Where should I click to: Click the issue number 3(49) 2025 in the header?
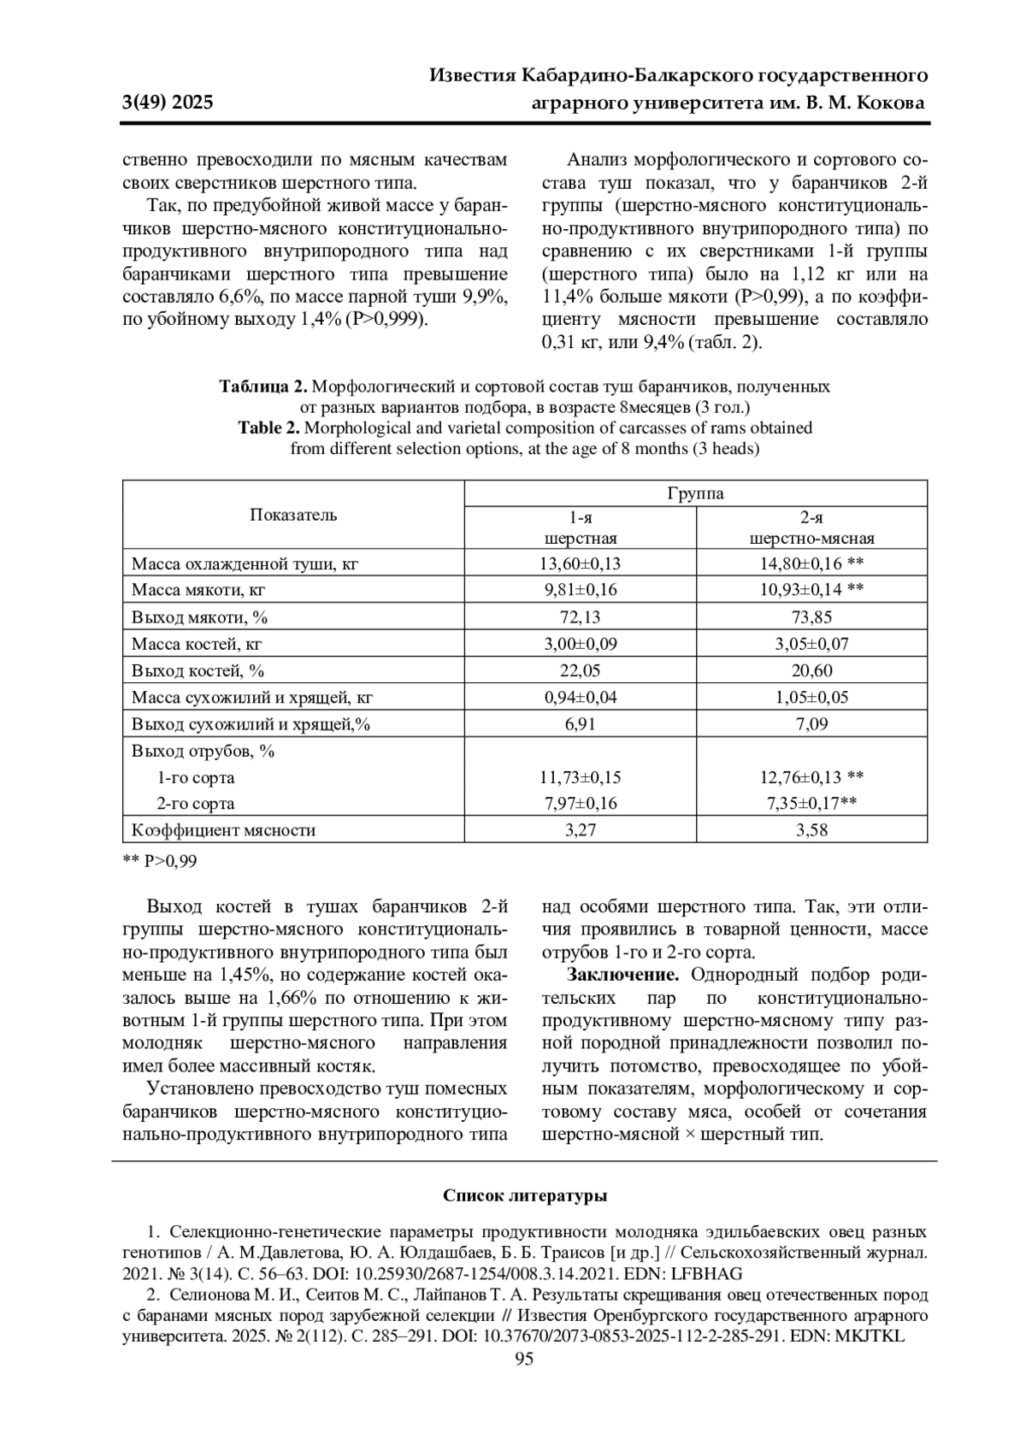click(x=168, y=103)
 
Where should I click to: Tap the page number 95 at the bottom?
click(x=524, y=1360)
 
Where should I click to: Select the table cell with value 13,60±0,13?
click(x=581, y=563)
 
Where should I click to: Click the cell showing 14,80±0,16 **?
click(x=811, y=563)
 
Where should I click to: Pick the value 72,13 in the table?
click(x=581, y=617)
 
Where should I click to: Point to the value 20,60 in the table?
click(x=811, y=670)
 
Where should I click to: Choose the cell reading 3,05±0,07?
click(x=811, y=644)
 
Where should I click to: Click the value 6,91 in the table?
click(x=581, y=724)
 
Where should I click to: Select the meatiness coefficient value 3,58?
click(x=811, y=829)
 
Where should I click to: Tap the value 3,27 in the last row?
click(x=581, y=829)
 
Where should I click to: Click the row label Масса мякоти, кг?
click(x=198, y=590)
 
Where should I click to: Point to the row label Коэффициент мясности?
click(x=223, y=829)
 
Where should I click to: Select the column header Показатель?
click(x=293, y=515)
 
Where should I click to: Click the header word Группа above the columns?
click(x=695, y=494)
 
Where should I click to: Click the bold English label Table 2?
click(x=269, y=428)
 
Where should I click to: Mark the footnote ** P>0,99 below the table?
click(x=160, y=861)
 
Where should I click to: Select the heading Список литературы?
click(x=524, y=1195)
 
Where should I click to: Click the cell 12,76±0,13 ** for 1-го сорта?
click(x=811, y=777)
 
